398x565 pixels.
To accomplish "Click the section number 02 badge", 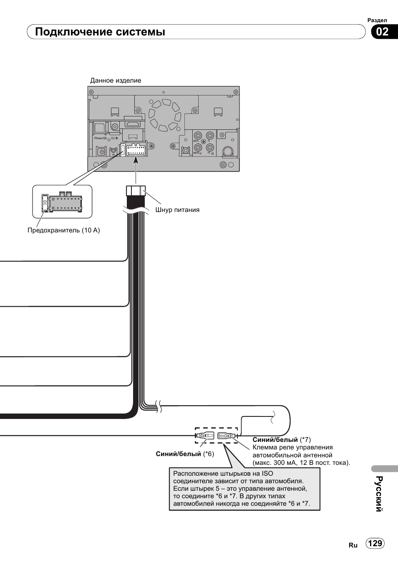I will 382,32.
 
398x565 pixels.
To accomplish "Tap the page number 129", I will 375,543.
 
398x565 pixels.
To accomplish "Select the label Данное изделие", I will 116,81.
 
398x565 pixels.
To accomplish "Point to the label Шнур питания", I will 177,210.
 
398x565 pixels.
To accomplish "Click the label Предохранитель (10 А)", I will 63,230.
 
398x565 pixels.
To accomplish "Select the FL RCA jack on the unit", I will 210,136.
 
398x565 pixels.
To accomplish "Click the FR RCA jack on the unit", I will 210,147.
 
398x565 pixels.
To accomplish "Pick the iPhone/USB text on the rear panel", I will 100,138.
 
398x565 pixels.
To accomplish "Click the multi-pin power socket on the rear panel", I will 136,149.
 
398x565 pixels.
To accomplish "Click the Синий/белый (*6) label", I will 185,454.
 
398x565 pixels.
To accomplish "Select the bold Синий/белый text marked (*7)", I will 275,440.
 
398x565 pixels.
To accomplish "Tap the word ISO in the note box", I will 267,473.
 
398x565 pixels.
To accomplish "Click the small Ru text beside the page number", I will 353,545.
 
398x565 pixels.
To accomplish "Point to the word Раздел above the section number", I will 377,20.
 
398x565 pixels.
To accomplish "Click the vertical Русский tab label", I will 379,494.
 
